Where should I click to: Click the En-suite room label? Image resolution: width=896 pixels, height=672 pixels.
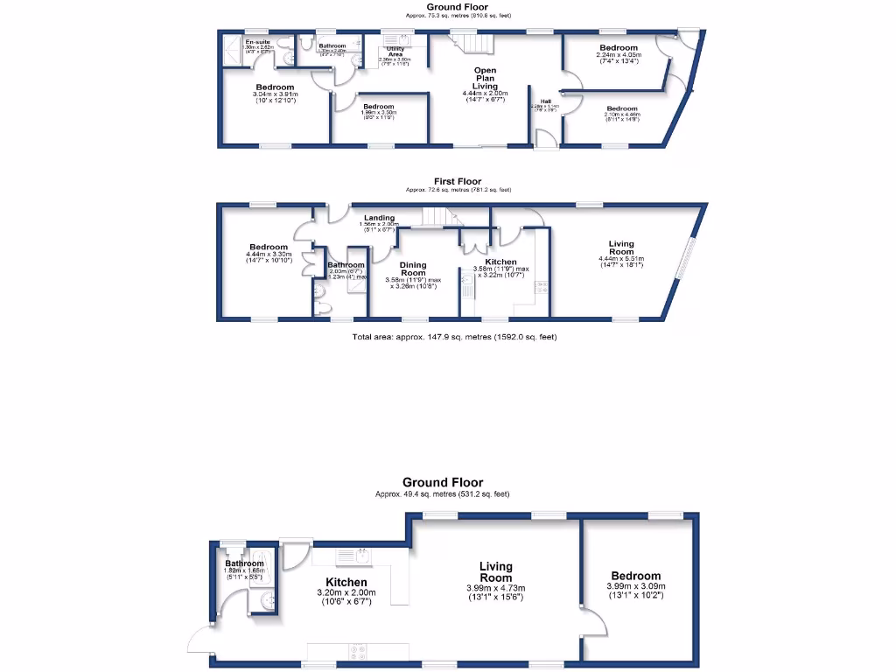point(257,42)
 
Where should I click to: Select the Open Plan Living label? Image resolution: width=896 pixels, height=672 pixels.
point(486,78)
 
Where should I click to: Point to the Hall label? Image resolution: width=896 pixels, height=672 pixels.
point(545,101)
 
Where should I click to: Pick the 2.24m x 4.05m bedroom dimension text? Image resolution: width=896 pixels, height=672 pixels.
point(619,55)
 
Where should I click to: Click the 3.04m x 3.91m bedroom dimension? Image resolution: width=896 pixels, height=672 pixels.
point(275,94)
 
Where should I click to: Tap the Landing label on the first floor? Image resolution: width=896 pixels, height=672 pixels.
point(379,218)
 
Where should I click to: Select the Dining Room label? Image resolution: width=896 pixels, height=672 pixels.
point(412,269)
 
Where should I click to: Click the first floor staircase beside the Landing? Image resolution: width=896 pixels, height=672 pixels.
point(437,216)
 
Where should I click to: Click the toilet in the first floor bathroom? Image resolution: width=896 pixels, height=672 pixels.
point(320,307)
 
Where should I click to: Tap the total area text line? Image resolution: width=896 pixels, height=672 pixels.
point(453,336)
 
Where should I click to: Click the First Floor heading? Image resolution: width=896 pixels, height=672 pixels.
point(458,182)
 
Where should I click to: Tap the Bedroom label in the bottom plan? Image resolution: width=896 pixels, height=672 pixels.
point(636,576)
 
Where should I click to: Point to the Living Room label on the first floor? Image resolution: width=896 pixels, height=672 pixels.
point(621,248)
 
